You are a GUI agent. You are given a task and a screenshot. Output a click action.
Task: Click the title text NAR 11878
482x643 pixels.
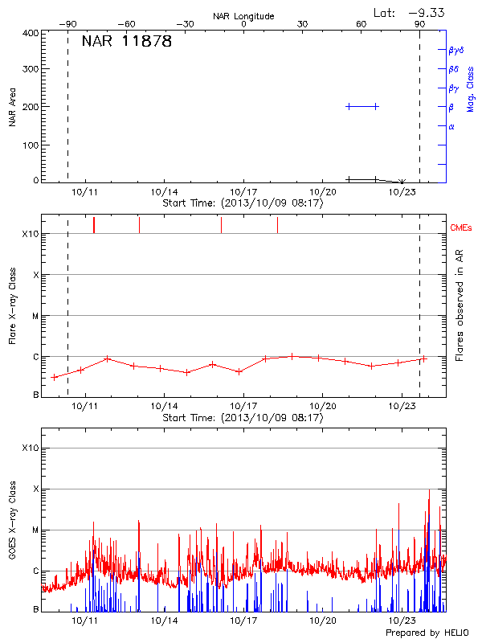127,42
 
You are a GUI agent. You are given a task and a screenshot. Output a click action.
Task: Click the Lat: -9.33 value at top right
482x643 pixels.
410,12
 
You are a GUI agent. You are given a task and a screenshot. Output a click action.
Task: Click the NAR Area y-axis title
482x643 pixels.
13,107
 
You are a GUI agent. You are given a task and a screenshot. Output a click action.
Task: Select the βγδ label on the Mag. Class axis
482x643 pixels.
455,50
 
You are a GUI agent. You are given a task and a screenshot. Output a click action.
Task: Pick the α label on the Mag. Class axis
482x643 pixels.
451,126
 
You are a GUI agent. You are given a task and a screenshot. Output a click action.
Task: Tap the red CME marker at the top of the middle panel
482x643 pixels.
94,225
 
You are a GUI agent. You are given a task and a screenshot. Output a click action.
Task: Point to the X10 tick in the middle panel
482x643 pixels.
31,234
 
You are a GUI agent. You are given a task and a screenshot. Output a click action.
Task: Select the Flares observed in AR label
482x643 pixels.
460,305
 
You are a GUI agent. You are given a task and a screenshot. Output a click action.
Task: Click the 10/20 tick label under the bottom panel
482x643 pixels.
322,621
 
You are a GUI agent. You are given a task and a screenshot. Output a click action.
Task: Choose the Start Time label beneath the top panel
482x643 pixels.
243,203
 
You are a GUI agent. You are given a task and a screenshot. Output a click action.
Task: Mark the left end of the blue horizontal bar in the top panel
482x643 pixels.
348,106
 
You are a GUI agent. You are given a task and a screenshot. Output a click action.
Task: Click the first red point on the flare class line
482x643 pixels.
55,377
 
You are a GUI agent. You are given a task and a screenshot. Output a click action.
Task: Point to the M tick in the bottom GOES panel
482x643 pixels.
35,530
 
